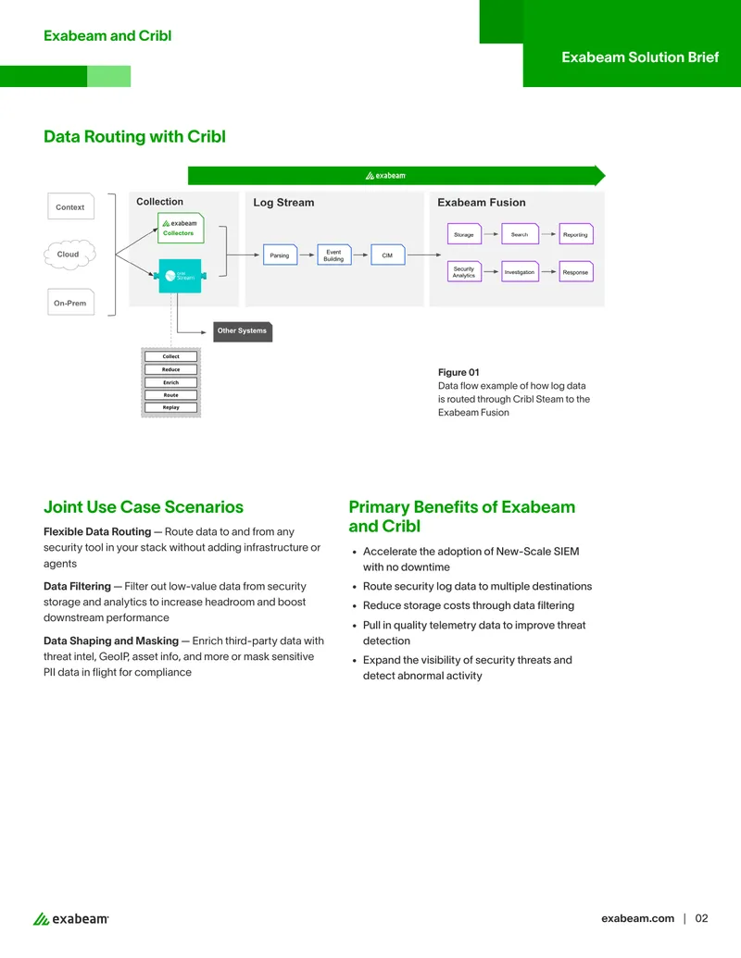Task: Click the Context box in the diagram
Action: (71, 206)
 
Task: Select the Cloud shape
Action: (69, 255)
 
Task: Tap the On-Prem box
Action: (71, 302)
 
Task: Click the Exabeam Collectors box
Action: (181, 228)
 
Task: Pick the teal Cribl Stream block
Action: (180, 276)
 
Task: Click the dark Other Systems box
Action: (243, 331)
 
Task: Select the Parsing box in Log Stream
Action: (280, 255)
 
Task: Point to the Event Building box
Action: (333, 255)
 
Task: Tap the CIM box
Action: (387, 255)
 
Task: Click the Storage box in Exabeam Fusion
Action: (465, 234)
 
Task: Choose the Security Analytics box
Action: (465, 272)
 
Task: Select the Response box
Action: (576, 272)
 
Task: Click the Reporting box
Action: (576, 234)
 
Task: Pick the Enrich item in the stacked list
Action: (171, 382)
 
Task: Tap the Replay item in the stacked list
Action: (171, 407)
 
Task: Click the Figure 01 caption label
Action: (458, 372)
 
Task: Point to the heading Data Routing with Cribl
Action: (134, 136)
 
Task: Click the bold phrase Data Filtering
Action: (77, 586)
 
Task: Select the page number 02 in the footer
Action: (701, 918)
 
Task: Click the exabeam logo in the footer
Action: (71, 919)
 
